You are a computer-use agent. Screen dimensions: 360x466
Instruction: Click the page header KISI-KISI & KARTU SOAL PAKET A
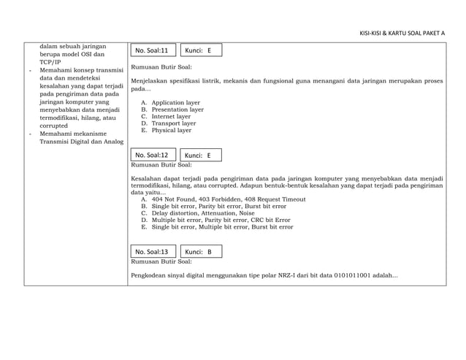402,33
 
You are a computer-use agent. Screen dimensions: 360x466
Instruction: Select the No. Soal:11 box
152,51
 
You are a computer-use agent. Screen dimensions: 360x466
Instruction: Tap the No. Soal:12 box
152,156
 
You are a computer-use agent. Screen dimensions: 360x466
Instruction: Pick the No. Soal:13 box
152,252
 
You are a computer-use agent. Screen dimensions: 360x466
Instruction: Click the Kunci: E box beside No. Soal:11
200,51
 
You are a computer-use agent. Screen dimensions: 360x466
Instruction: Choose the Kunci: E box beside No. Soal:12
200,156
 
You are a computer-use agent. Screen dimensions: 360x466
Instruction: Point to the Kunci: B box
200,252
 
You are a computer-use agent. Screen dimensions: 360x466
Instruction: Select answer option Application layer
175,103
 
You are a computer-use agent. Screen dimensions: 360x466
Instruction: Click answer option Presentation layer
177,110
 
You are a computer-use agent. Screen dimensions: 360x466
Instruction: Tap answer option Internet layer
171,116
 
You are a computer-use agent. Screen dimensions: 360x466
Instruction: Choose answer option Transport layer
173,123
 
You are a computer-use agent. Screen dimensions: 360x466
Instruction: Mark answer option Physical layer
171,130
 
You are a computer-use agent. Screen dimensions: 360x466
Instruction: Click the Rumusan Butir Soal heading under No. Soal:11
161,66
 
